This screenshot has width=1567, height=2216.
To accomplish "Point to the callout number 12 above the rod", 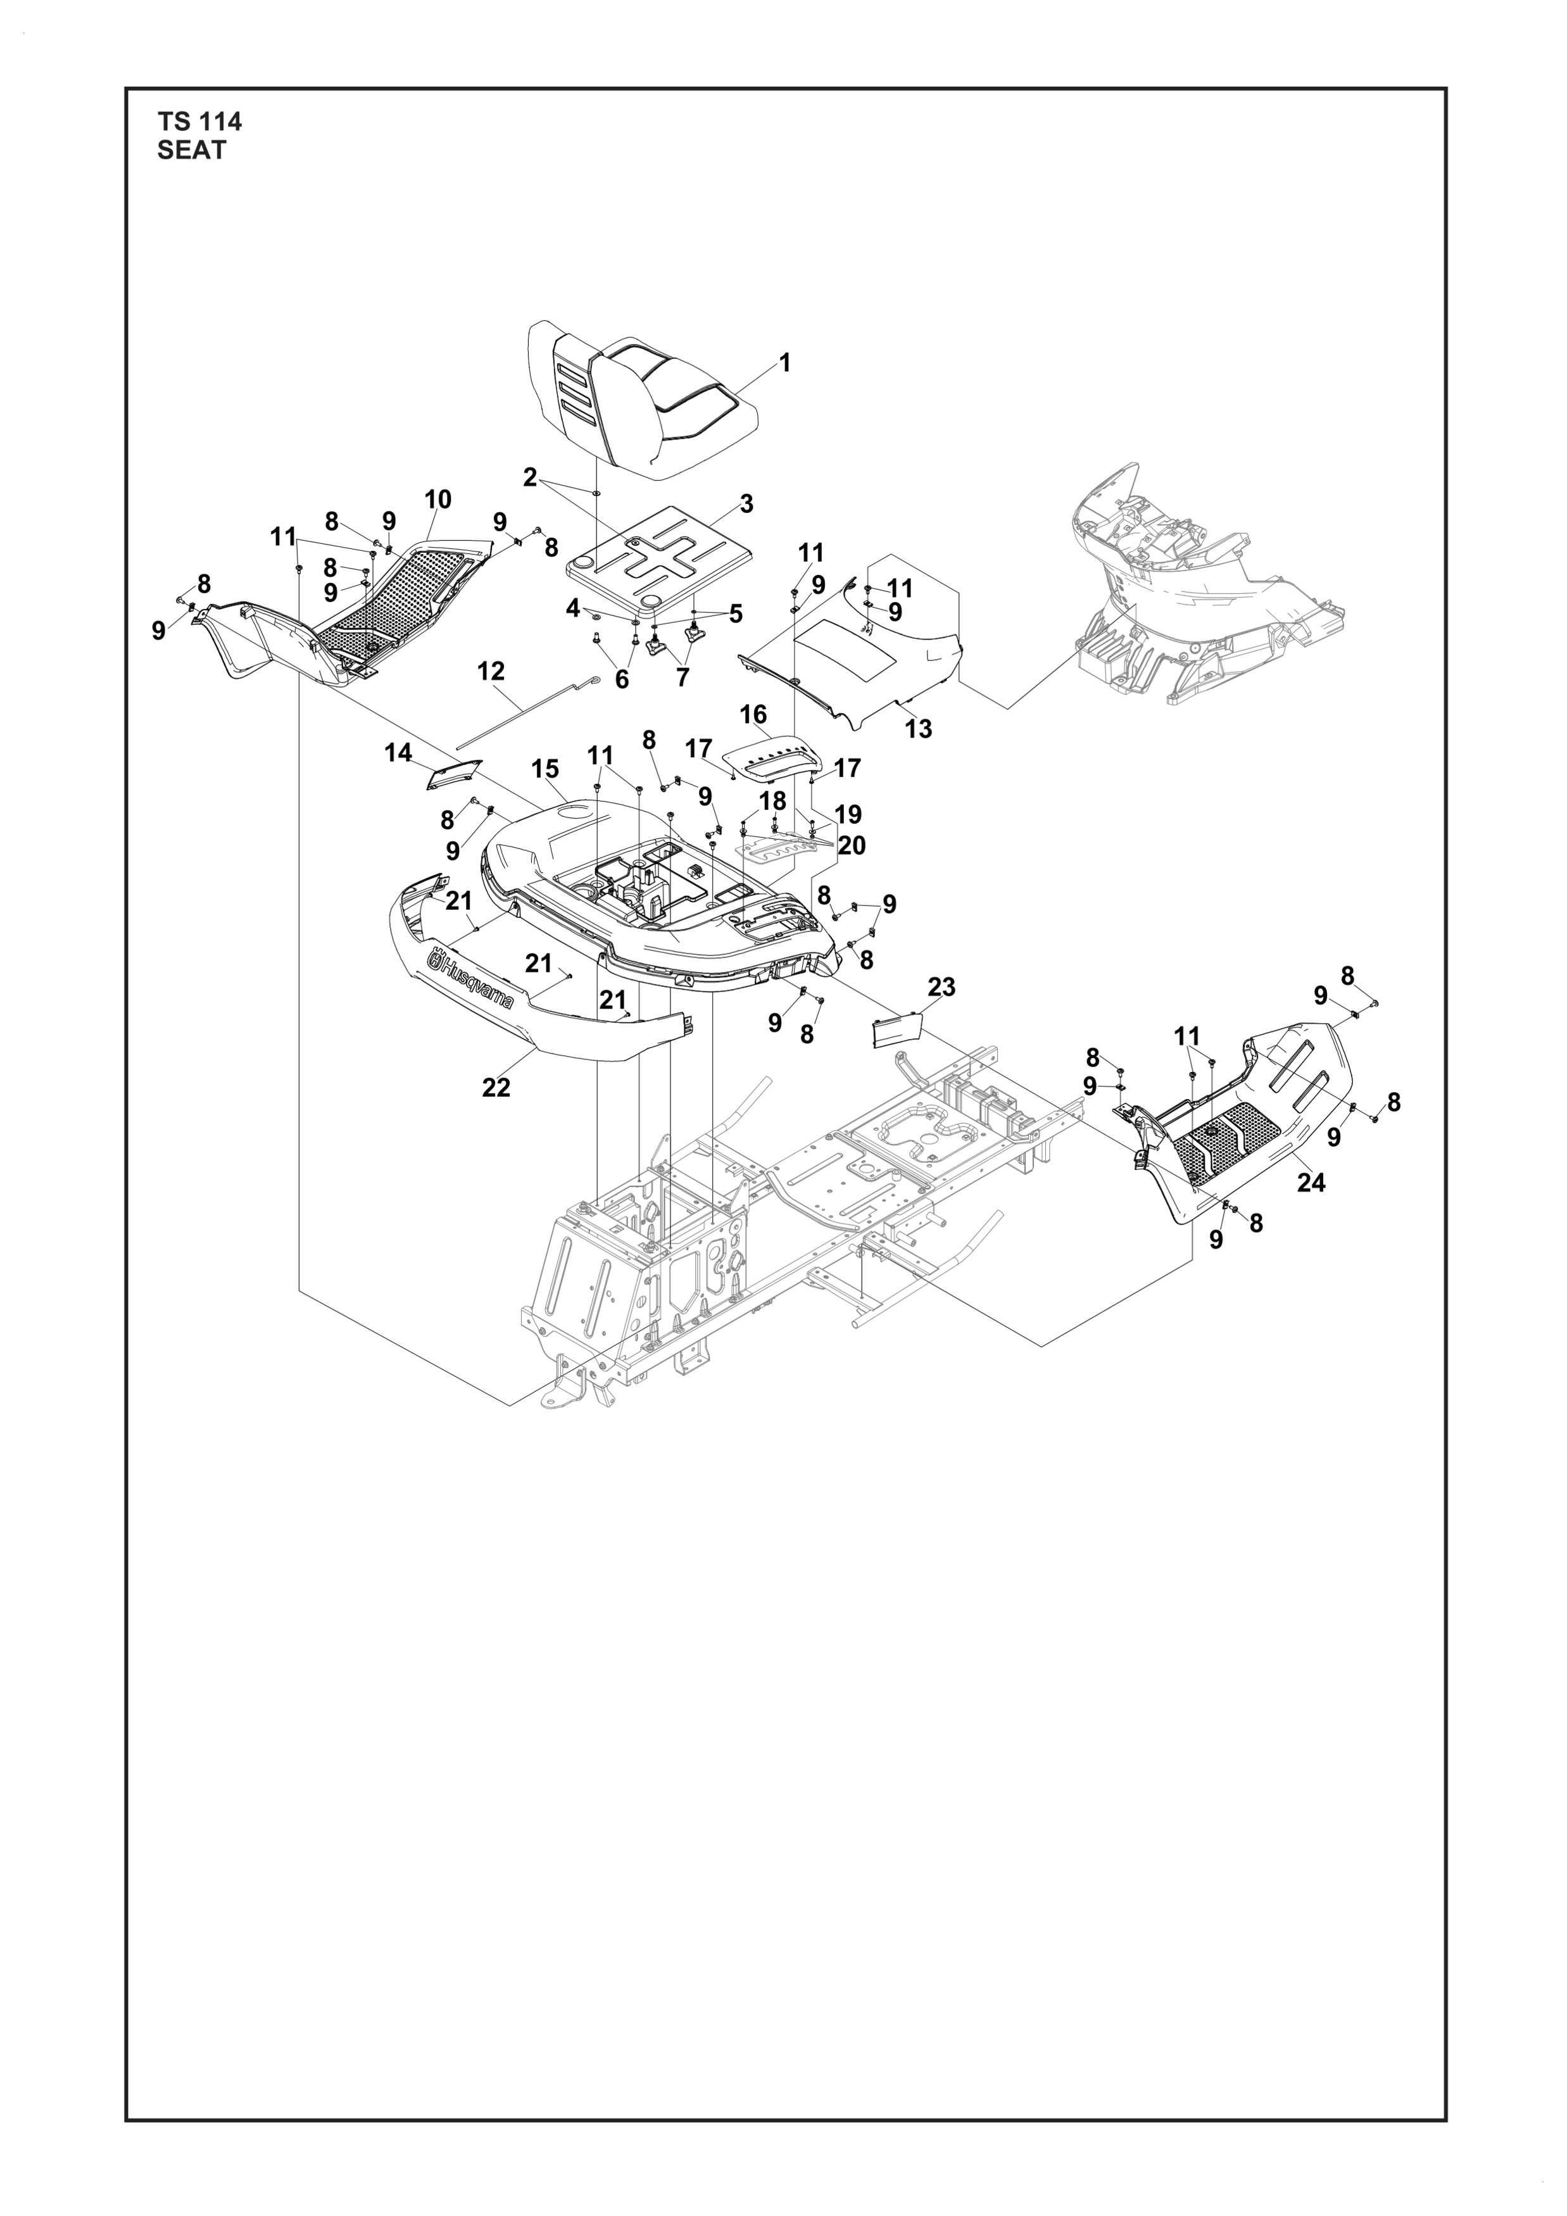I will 491,670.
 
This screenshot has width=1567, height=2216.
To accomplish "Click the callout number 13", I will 919,729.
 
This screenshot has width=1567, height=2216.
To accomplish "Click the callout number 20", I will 851,845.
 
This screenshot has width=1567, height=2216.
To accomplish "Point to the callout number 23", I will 941,986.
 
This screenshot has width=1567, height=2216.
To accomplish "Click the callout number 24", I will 1311,1181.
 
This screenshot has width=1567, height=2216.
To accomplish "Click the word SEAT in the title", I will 192,151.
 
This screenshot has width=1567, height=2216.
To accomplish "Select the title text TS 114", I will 199,122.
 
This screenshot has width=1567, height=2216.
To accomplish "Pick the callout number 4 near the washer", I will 573,608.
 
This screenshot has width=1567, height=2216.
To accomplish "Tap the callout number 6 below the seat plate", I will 621,679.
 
